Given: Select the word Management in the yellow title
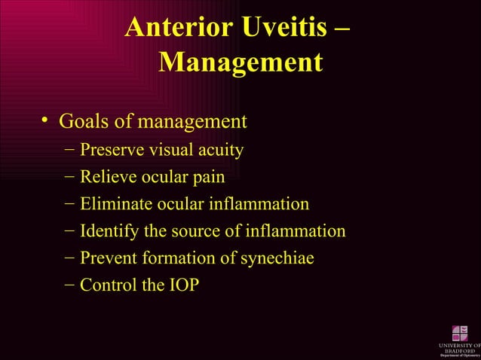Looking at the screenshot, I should pos(240,63).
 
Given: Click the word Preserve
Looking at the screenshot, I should pos(112,151).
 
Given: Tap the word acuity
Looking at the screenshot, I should pos(219,151).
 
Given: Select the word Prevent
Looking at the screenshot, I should pos(109,258).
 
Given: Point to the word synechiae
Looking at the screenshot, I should pos(276,258).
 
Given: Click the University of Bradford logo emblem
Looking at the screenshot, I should pos(459,332).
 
